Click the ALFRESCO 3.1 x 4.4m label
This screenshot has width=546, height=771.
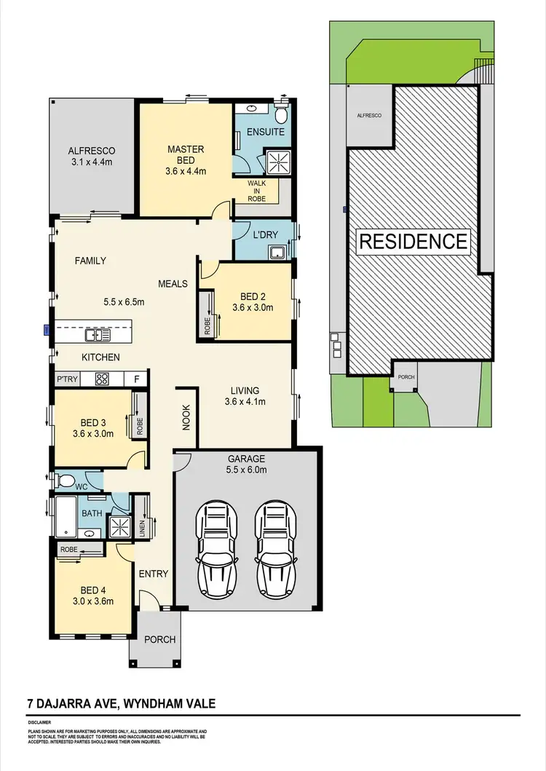pos(90,157)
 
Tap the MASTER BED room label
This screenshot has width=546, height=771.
pos(186,160)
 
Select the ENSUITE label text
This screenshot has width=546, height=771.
pos(261,133)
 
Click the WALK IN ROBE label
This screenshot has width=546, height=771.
pos(257,190)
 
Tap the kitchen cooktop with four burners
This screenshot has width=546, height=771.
pos(103,379)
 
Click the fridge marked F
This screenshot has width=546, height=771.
pos(137,379)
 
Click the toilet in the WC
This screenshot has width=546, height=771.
pos(66,481)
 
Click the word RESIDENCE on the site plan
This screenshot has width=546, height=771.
pos(414,241)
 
